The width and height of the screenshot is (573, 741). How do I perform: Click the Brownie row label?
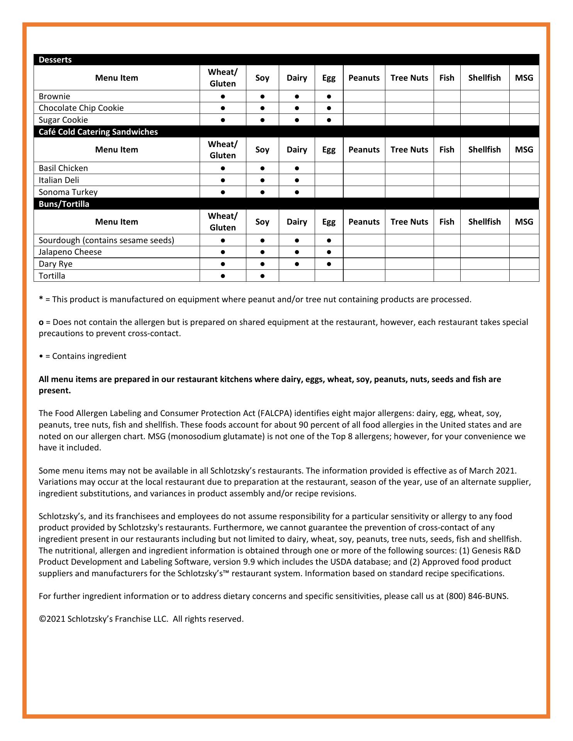tap(54, 96)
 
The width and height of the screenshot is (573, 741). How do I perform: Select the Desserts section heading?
tap(55, 60)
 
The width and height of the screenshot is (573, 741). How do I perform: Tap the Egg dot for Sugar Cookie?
tap(329, 120)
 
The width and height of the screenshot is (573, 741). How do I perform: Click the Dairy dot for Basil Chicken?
tap(297, 168)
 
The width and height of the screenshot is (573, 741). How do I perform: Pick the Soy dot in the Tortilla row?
tap(262, 276)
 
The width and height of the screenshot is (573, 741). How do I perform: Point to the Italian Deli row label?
tap(59, 180)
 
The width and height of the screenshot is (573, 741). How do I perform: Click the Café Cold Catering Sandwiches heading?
tap(98, 132)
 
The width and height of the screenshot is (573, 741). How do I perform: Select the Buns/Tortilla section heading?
tap(64, 204)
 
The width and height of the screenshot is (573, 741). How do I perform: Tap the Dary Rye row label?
tap(56, 264)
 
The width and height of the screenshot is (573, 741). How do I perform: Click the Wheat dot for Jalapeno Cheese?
tap(223, 252)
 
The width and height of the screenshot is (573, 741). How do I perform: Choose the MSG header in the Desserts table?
tap(524, 78)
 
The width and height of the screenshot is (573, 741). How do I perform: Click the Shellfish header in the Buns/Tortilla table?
tap(484, 222)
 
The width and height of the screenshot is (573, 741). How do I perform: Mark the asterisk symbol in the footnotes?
tap(41, 299)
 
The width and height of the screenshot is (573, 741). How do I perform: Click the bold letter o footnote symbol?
tap(41, 322)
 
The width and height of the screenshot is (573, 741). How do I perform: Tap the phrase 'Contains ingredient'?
tap(89, 356)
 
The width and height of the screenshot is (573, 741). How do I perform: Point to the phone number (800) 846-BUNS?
tap(477, 596)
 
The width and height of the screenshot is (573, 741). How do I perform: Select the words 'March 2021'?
tap(492, 471)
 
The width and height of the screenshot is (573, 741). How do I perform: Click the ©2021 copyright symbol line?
tap(141, 619)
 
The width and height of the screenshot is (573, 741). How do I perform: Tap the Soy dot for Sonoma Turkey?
tap(262, 192)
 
